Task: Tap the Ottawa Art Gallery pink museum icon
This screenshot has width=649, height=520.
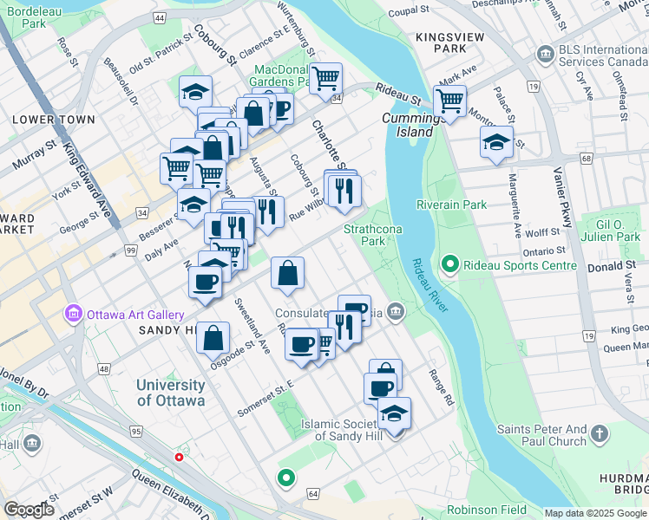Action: (73, 314)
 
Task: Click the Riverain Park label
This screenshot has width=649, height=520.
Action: (451, 205)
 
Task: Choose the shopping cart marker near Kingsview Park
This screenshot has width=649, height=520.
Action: (449, 101)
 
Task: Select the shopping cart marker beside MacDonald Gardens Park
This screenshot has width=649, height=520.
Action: (325, 79)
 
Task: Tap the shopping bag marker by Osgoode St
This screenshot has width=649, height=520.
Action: (213, 337)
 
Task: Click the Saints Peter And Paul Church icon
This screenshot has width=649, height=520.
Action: (600, 432)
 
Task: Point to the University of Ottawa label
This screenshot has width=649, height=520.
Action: (171, 393)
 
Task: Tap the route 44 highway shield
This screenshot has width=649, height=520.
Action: (158, 17)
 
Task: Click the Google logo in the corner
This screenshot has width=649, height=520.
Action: (29, 510)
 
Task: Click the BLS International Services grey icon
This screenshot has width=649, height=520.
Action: (545, 55)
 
